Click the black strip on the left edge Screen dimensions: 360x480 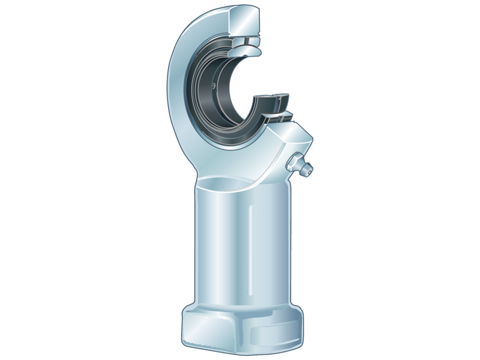pyautogui.click(x=24, y=180)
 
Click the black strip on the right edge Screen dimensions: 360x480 pyautogui.click(x=455, y=180)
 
